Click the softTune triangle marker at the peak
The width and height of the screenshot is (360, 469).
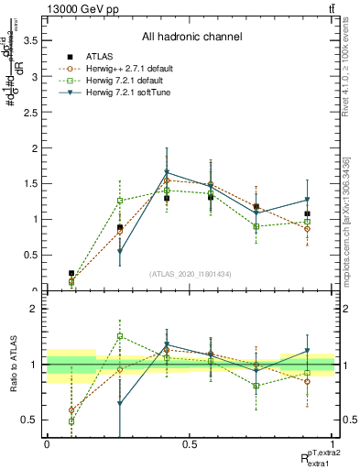167,172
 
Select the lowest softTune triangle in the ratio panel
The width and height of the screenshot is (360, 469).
120,403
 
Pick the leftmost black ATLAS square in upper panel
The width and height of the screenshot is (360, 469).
71,273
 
